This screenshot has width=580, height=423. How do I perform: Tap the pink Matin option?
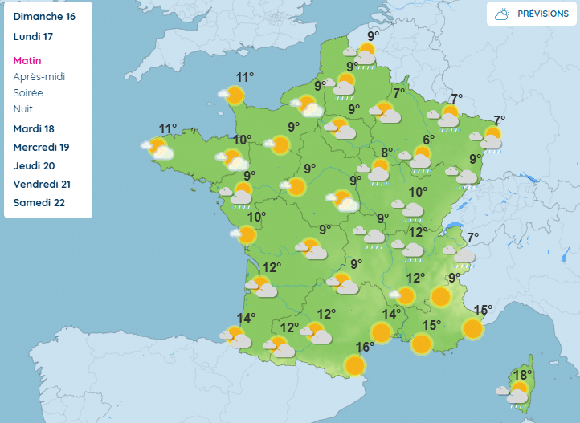pyautogui.click(x=27, y=60)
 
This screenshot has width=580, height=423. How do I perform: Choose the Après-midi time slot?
pyautogui.click(x=39, y=76)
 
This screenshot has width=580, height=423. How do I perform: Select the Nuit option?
pyautogui.click(x=23, y=108)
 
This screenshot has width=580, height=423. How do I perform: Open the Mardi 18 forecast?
pyautogui.click(x=35, y=128)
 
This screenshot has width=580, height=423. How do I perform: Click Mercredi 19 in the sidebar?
pyautogui.click(x=42, y=147)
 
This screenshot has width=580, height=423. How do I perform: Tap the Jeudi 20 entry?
pyautogui.click(x=35, y=165)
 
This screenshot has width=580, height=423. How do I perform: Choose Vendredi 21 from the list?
pyautogui.click(x=42, y=184)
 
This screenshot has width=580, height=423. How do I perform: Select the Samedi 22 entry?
pyautogui.click(x=39, y=202)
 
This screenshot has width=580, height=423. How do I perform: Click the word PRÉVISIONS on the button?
pyautogui.click(x=542, y=14)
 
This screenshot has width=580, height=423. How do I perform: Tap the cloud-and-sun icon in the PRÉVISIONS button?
pyautogui.click(x=502, y=14)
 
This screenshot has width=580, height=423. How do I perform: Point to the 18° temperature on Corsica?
pyautogui.click(x=522, y=375)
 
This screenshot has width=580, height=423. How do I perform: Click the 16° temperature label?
pyautogui.click(x=365, y=347)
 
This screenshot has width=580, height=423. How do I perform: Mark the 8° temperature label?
pyautogui.click(x=386, y=153)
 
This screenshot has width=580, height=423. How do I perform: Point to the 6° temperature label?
pyautogui.click(x=428, y=140)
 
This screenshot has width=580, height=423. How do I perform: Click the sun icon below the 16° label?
pyautogui.click(x=354, y=365)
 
